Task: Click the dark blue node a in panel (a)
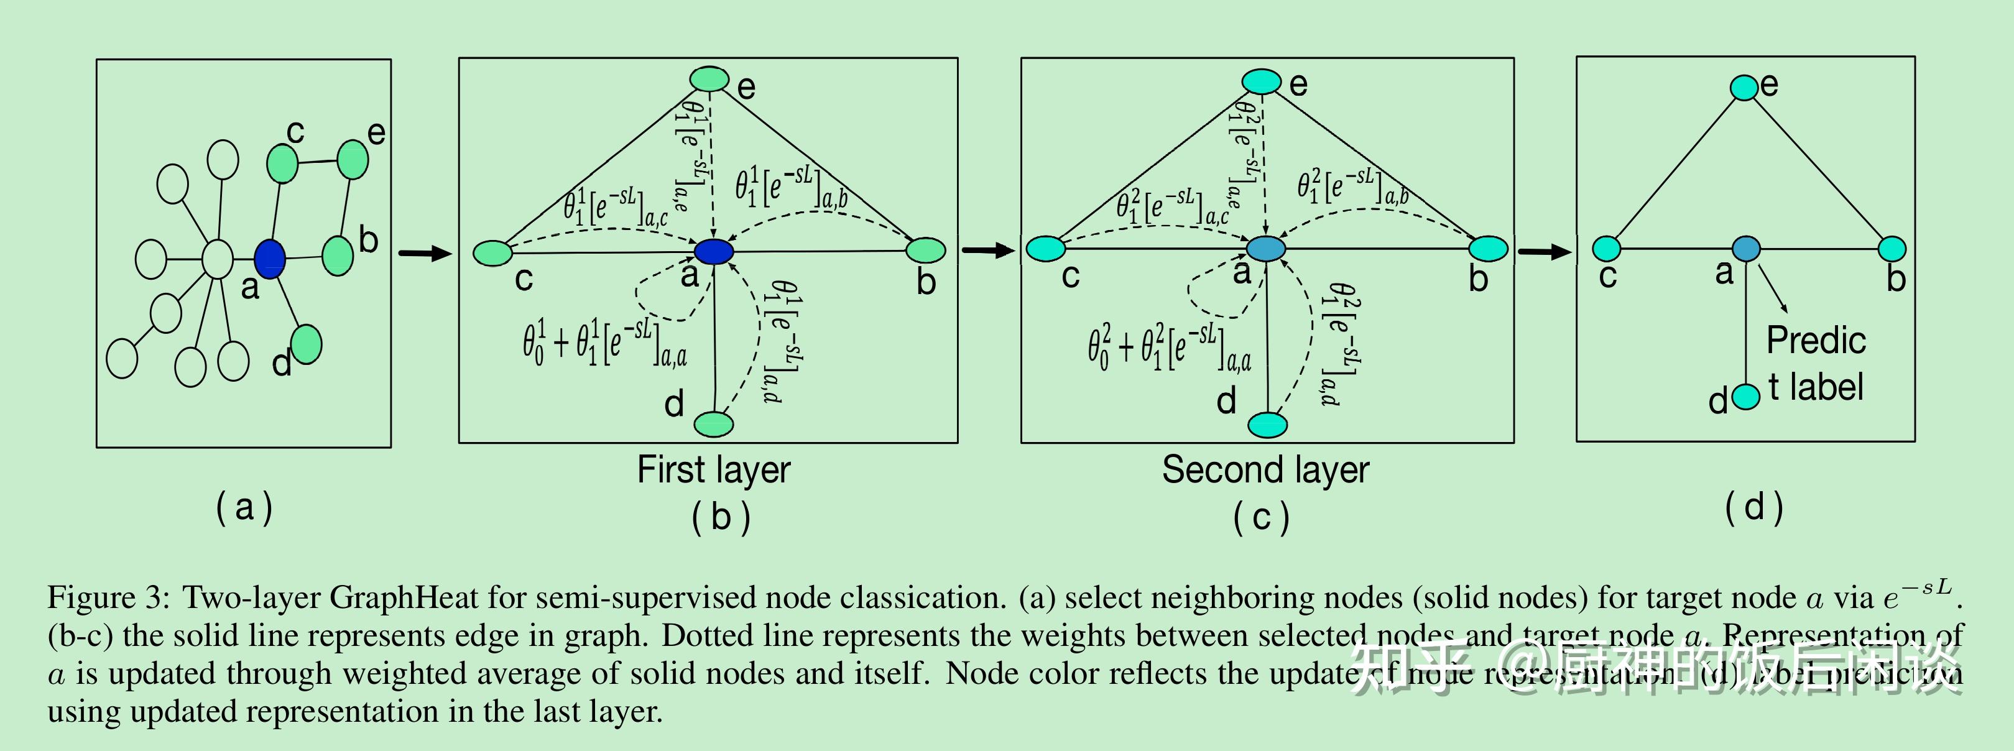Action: [270, 259]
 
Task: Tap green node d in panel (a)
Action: [306, 344]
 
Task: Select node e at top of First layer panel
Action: [709, 79]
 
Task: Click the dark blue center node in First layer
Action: [714, 252]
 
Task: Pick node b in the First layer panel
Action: [926, 250]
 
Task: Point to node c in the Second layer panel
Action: [1045, 249]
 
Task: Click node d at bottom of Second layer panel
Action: [1267, 425]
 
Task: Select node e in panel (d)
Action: [1744, 88]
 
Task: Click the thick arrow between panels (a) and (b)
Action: [425, 252]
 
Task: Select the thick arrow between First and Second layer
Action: [988, 250]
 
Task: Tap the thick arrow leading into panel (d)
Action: [1544, 252]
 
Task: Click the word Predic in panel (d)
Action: [1816, 341]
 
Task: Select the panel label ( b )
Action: [721, 517]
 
